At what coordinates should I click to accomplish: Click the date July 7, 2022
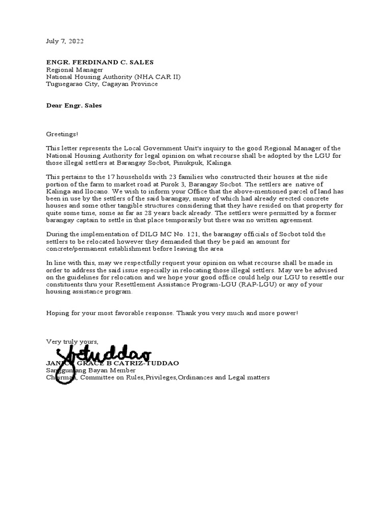(65, 41)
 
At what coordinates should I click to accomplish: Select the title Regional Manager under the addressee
(75, 69)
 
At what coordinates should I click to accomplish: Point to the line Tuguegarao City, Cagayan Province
(102, 84)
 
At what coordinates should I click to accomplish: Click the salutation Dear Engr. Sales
(74, 106)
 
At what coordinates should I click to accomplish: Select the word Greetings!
(62, 134)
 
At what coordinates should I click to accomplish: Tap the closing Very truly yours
(72, 341)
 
